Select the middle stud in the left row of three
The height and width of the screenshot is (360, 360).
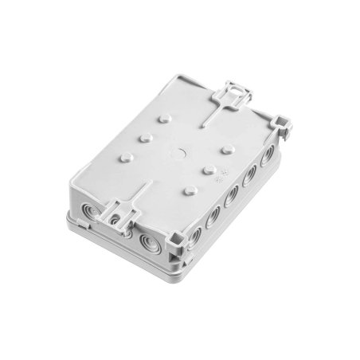tap(147, 137)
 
